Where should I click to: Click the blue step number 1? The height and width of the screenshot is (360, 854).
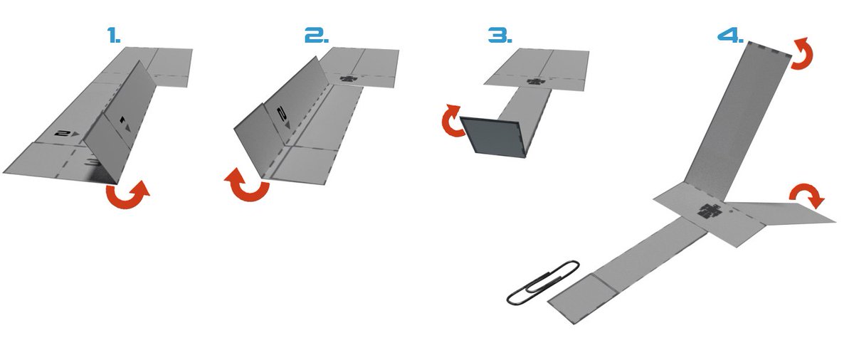114,35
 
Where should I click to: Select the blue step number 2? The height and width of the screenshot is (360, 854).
317,35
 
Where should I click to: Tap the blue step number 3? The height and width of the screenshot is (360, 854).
500,35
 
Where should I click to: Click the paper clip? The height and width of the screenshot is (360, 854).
543,282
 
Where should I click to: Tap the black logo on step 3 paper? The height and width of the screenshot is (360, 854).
536,81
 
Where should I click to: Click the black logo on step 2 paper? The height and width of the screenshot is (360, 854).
348,79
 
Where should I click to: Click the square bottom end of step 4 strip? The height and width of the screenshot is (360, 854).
583,298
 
